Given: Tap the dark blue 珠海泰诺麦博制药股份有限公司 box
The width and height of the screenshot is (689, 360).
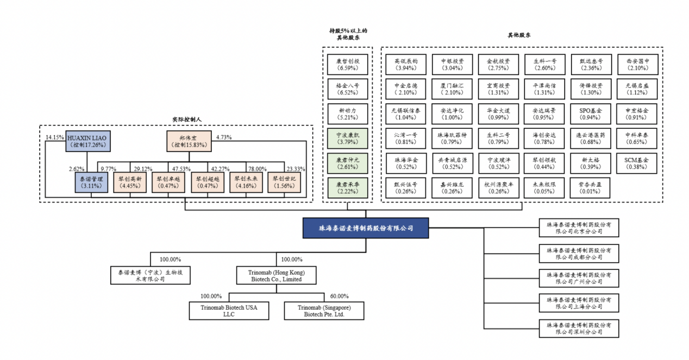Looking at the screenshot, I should pyautogui.click(x=365, y=228).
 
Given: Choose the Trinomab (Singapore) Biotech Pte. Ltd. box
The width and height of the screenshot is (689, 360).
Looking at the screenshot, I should pyautogui.click(x=324, y=311).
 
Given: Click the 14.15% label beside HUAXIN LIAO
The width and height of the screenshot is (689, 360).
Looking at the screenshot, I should pyautogui.click(x=55, y=137).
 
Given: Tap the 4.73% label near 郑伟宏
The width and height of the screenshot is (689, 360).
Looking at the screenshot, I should pyautogui.click(x=224, y=137).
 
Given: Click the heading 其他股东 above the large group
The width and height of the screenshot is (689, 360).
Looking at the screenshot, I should pyautogui.click(x=519, y=35).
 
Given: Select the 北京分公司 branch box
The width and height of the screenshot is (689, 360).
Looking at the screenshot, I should pyautogui.click(x=578, y=228).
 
